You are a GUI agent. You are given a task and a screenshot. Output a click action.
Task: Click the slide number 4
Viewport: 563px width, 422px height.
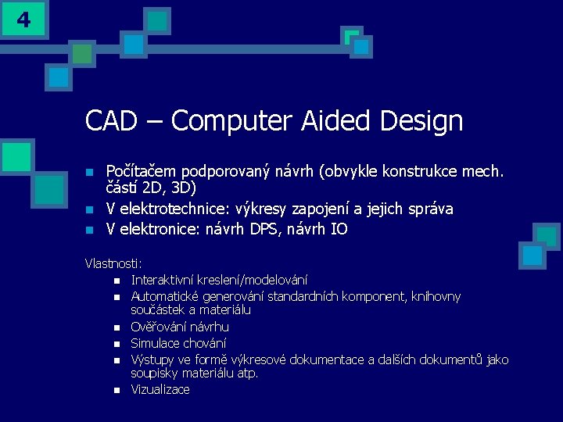coord(23,20)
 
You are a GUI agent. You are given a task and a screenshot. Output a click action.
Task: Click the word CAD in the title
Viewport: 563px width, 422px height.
coord(110,121)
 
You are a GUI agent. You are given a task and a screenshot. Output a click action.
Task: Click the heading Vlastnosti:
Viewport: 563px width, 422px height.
coord(113,264)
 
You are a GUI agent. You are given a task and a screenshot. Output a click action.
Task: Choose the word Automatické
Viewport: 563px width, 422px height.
coord(167,296)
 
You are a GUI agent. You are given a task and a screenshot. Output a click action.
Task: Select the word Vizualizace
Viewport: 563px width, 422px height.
coord(160,389)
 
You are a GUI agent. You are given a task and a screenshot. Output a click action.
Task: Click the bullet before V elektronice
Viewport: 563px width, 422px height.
coord(90,230)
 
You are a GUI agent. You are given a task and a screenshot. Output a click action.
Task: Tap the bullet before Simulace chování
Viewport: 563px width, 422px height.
coord(117,344)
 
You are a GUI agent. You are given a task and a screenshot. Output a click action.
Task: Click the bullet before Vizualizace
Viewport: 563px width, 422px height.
coord(117,390)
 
